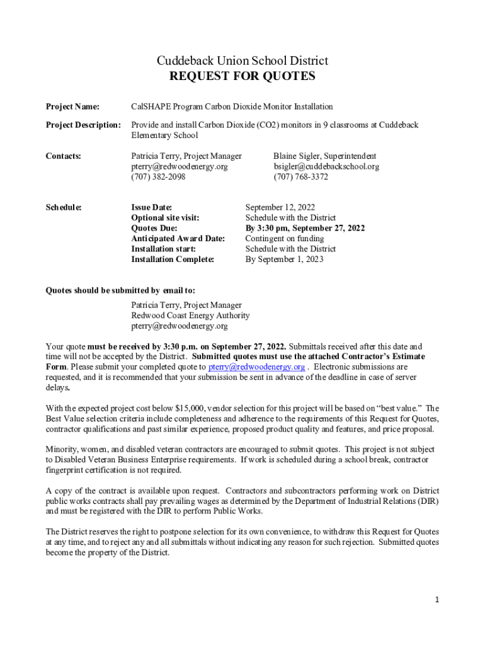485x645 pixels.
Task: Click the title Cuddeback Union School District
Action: [243, 61]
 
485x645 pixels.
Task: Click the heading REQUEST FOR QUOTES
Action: [243, 77]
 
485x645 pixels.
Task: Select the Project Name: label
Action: [73, 107]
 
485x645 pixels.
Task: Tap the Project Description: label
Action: [83, 125]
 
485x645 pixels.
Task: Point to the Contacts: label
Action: [64, 156]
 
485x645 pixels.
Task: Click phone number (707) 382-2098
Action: [158, 177]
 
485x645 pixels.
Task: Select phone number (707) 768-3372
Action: [300, 177]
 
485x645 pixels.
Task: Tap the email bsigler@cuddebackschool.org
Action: [326, 167]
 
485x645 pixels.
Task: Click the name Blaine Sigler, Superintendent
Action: [324, 156]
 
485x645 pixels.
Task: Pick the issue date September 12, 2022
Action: [280, 207]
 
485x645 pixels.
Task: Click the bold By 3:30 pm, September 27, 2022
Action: [305, 228]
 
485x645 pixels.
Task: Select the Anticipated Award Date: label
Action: [178, 239]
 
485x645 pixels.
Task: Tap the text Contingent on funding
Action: [285, 239]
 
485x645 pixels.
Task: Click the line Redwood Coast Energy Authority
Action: [190, 316]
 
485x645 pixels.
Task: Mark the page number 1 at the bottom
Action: [437, 600]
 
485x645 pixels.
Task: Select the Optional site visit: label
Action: [165, 218]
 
